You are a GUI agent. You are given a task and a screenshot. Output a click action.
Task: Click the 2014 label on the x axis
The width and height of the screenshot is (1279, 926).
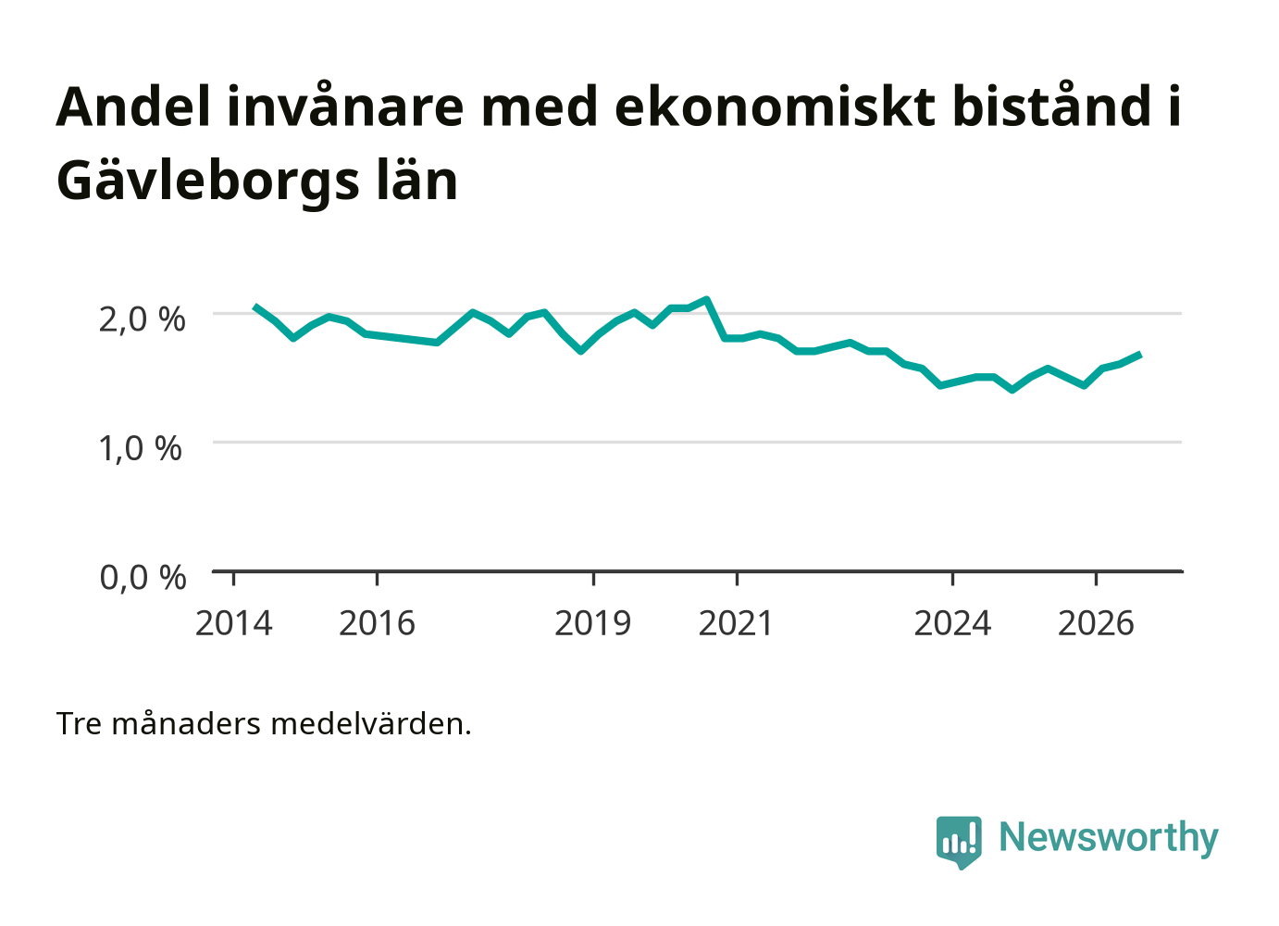[233, 623]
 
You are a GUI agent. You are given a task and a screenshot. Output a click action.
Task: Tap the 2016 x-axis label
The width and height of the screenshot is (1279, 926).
[377, 623]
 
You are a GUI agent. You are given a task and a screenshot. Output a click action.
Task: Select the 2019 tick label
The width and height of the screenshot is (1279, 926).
[593, 623]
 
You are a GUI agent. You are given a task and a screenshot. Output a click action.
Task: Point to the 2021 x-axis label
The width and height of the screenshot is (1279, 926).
[736, 623]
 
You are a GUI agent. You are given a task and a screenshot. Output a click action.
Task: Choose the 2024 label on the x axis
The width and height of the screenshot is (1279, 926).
[952, 623]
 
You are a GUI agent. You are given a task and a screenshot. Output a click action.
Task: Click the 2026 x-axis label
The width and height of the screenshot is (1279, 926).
[1096, 623]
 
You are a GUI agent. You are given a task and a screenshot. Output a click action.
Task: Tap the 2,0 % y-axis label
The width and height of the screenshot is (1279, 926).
[143, 319]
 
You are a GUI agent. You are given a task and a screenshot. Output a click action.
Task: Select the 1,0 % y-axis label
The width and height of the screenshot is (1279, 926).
[141, 448]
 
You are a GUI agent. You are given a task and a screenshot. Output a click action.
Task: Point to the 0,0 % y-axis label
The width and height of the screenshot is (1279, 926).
[143, 577]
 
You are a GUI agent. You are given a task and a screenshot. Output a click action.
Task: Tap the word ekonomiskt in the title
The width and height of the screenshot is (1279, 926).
[775, 106]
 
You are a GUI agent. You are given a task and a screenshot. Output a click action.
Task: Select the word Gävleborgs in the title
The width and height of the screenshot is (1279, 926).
[208, 182]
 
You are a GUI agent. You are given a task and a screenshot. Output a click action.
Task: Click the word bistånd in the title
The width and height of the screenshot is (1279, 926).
[1051, 106]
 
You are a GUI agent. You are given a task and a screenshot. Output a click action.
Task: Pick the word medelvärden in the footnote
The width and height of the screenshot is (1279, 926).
[371, 724]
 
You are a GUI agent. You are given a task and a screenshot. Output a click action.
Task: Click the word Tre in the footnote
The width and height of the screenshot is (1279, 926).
[79, 724]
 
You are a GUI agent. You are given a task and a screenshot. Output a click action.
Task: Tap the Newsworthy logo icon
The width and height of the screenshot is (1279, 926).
[959, 843]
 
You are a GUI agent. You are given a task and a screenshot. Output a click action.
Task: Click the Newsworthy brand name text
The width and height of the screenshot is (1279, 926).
[1109, 838]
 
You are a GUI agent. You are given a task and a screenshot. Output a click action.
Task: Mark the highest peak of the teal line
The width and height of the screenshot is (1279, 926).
[707, 299]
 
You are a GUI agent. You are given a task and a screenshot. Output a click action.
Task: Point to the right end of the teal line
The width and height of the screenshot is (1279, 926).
[1140, 354]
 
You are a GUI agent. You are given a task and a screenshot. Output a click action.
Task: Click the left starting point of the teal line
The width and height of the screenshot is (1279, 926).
[255, 307]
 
